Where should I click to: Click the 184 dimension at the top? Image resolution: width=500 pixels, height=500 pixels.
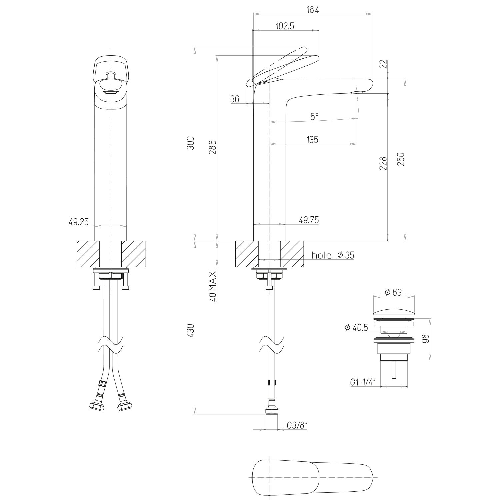click(x=313, y=10)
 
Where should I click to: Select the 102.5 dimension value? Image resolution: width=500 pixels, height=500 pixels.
click(x=285, y=26)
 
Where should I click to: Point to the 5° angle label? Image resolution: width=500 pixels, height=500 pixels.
click(x=314, y=116)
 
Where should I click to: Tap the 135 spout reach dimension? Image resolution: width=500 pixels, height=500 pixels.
click(x=312, y=139)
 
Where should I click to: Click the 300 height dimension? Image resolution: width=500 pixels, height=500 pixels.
click(x=190, y=143)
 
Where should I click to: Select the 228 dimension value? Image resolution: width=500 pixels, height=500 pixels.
click(x=383, y=164)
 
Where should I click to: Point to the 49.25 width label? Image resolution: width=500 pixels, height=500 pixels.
click(x=79, y=222)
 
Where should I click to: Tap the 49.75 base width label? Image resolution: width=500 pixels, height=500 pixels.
click(x=309, y=220)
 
